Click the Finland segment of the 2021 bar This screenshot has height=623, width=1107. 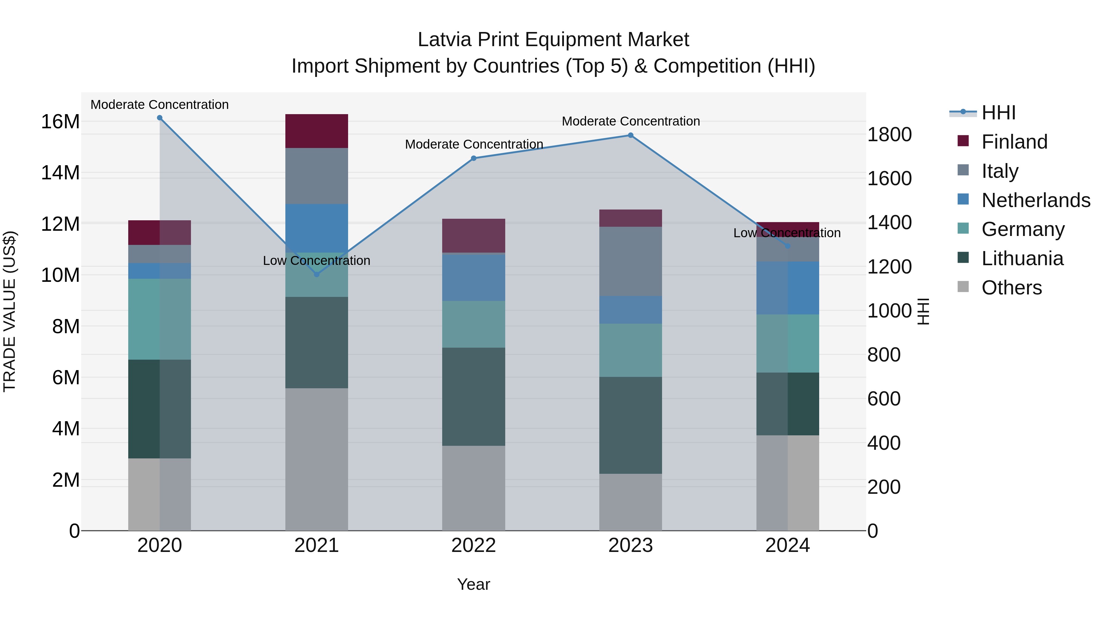[316, 131]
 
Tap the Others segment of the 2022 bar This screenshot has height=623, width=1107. [474, 488]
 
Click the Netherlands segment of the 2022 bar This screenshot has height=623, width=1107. [474, 277]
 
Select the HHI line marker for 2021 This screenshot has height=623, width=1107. [317, 274]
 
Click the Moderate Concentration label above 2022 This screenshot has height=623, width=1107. [474, 145]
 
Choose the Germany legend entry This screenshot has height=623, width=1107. [1022, 229]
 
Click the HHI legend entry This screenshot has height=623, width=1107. [998, 113]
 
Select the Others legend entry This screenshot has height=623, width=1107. [1011, 288]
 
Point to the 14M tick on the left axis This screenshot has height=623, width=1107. [60, 173]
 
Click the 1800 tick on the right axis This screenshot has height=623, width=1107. [889, 134]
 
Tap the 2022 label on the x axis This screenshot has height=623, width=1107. [474, 545]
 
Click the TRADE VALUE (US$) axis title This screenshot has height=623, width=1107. [10, 311]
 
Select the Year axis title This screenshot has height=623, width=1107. [474, 584]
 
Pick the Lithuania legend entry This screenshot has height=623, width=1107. [1022, 258]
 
